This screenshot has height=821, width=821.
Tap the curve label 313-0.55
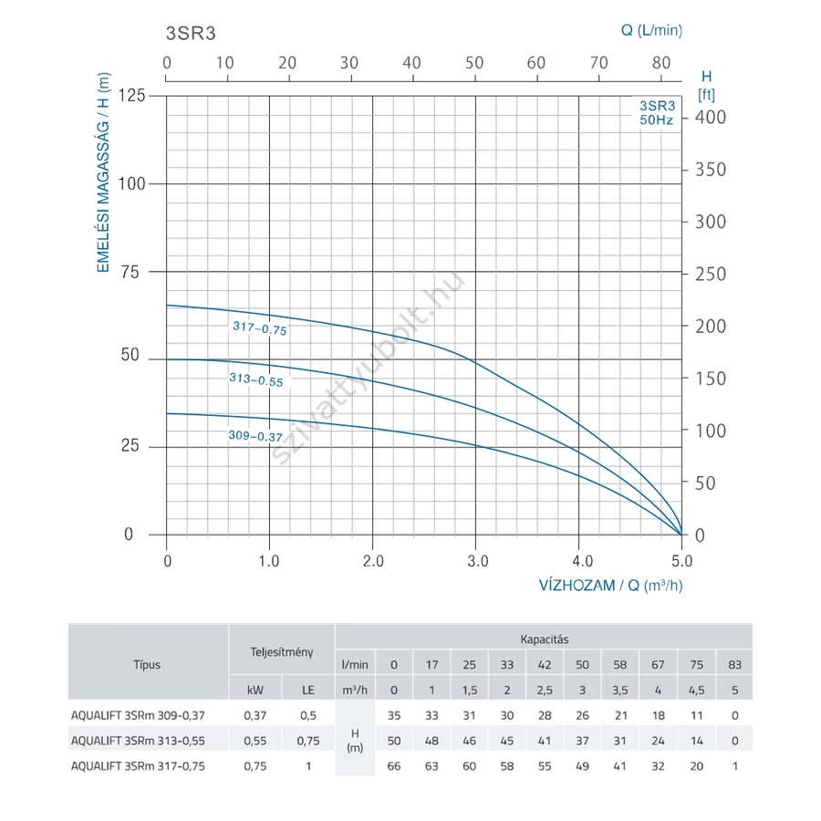tap(256, 379)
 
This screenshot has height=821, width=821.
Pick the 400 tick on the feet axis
tap(710, 117)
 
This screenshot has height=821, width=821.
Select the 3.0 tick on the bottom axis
tap(476, 560)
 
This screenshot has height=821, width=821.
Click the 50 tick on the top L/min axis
tap(474, 62)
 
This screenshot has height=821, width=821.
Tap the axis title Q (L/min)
tap(651, 30)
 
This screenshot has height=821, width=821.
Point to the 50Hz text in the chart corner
tap(656, 120)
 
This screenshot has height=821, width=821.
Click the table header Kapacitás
tap(545, 639)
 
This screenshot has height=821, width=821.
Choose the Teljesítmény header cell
tap(282, 651)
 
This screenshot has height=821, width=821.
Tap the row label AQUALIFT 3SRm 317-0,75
tap(138, 766)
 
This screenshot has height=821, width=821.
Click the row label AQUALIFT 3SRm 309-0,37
tap(138, 715)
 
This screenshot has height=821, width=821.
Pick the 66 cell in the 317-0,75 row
tap(393, 766)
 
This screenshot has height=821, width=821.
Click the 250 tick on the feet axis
tap(710, 274)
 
